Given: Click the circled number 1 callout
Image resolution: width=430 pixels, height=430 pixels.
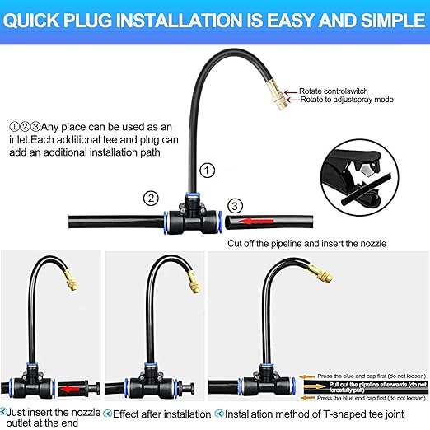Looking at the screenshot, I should click(208, 171).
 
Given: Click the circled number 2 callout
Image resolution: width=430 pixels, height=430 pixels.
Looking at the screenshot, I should click(150, 198).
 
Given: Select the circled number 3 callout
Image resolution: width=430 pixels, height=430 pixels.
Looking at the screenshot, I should click(235, 205).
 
